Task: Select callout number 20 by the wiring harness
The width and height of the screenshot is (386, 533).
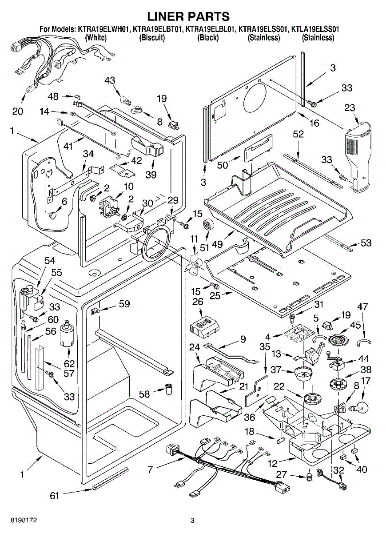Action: coord(17,111)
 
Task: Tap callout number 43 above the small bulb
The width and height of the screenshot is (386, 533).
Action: coord(110,80)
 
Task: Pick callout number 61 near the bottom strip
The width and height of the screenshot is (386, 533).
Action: coord(54,496)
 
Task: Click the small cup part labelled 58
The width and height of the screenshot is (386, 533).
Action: coord(168,389)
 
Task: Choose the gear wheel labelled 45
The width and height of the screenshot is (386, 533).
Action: coord(339,341)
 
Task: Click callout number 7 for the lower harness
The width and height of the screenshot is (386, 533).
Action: coord(150,469)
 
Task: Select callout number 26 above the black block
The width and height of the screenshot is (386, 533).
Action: coord(198,302)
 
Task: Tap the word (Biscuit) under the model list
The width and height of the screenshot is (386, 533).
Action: coord(152,38)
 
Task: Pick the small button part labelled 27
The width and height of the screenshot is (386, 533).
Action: coord(308,478)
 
